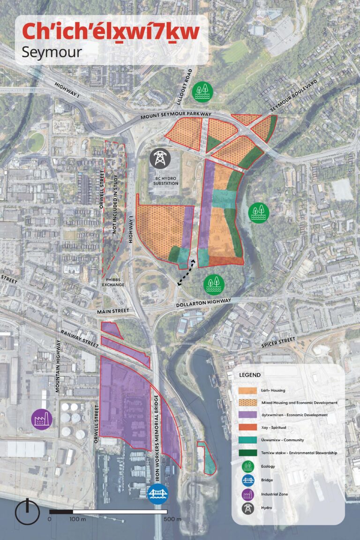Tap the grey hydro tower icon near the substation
tap(161, 158)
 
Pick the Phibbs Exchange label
tap(115, 281)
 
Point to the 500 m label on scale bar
tap(172, 519)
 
